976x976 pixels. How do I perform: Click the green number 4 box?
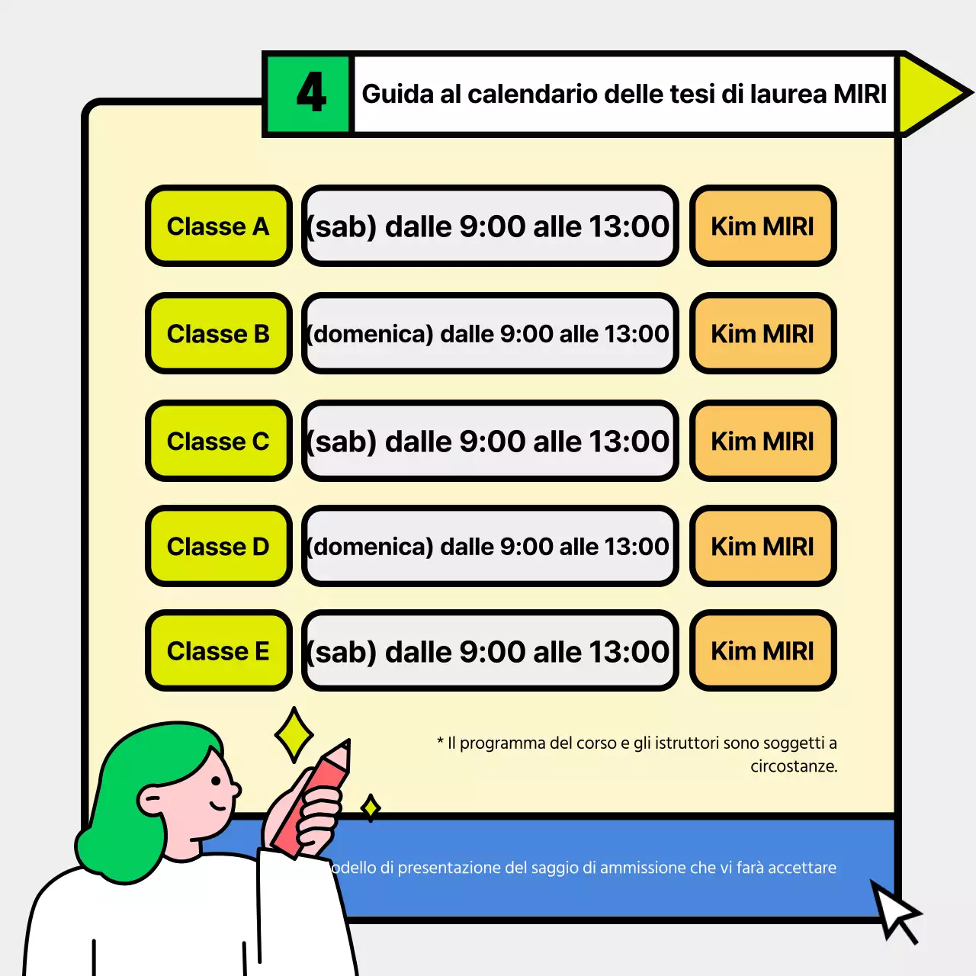pyautogui.click(x=308, y=94)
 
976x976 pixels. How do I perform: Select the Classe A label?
pyautogui.click(x=219, y=226)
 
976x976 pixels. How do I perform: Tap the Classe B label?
pyautogui.click(x=219, y=334)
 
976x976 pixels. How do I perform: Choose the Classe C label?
pyautogui.click(x=219, y=441)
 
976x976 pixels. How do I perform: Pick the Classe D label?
pyautogui.click(x=219, y=547)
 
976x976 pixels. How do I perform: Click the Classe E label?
pyautogui.click(x=219, y=651)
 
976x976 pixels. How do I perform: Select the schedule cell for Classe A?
pyautogui.click(x=490, y=226)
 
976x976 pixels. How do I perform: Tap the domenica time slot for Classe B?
pyautogui.click(x=490, y=334)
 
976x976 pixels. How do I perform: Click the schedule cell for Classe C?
pyautogui.click(x=490, y=441)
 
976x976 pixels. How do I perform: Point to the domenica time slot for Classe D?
pyautogui.click(x=490, y=547)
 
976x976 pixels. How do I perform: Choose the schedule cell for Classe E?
pyautogui.click(x=490, y=651)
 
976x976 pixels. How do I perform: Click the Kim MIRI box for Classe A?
pyautogui.click(x=762, y=226)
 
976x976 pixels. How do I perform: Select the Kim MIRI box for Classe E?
pyautogui.click(x=762, y=651)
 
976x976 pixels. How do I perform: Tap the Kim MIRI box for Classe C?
pyautogui.click(x=762, y=441)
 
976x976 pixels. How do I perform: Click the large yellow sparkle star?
pyautogui.click(x=294, y=735)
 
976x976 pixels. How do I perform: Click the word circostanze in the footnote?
pyautogui.click(x=793, y=766)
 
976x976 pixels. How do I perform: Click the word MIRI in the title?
pyautogui.click(x=859, y=94)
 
